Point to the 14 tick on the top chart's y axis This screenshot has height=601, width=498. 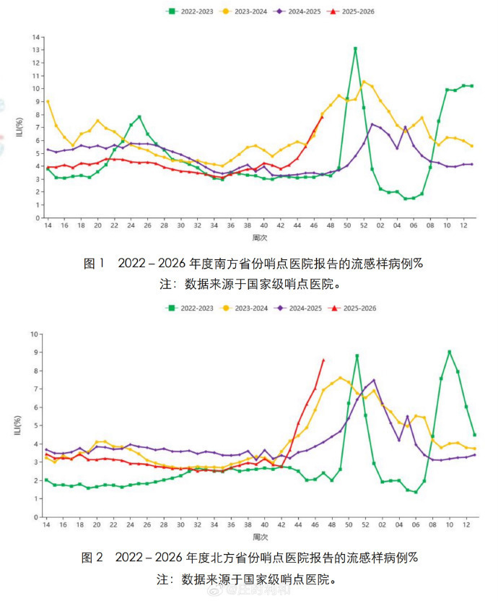(x=35, y=37)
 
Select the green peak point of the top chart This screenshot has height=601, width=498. (x=355, y=48)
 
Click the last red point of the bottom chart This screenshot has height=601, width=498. (x=323, y=360)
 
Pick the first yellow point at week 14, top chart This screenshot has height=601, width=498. (x=48, y=101)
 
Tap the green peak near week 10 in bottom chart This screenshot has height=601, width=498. (x=450, y=352)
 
